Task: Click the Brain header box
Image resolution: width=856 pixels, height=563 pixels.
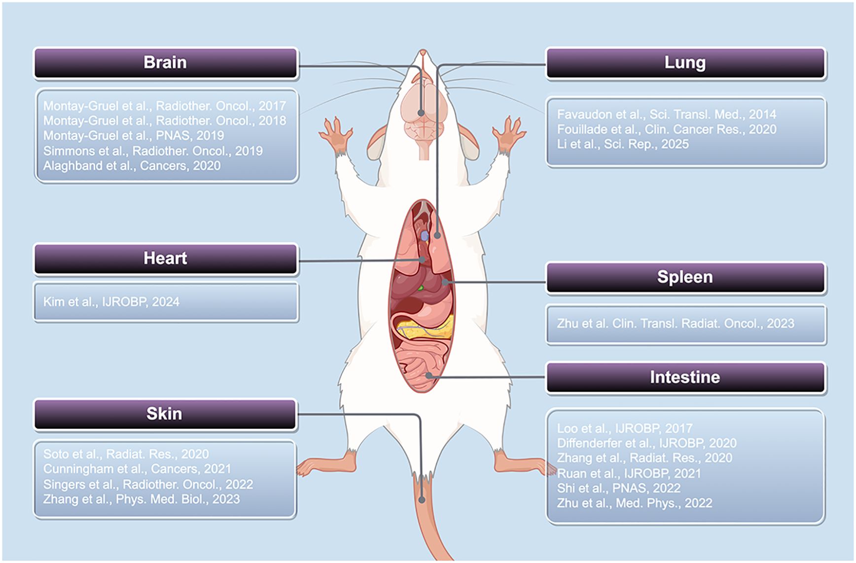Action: [165, 63]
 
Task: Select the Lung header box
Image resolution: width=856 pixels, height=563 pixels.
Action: [685, 63]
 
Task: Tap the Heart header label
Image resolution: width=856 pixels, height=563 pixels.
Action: [165, 258]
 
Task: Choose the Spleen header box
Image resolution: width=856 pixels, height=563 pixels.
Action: [685, 277]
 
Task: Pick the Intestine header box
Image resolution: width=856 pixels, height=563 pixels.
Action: [685, 377]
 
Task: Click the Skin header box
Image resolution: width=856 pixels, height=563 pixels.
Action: [164, 413]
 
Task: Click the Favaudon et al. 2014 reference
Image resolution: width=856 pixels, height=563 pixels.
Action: [666, 114]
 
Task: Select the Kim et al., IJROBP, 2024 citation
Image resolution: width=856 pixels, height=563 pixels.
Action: [111, 302]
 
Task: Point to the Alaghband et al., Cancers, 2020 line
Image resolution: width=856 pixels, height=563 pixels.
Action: [132, 166]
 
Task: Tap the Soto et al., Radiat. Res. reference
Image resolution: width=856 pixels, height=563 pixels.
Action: [126, 454]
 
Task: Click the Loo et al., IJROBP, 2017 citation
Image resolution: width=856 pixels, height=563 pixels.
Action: [624, 428]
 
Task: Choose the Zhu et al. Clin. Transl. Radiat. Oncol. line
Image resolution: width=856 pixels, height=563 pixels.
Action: [676, 324]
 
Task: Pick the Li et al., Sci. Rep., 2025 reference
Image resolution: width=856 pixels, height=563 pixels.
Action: [623, 144]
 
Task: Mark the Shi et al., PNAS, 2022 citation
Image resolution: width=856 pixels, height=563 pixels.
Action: [618, 488]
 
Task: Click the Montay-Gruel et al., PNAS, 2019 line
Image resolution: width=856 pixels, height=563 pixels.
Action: [133, 136]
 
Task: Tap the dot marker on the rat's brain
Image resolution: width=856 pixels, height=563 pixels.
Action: [421, 113]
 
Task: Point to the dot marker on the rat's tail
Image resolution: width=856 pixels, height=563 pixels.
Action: [422, 500]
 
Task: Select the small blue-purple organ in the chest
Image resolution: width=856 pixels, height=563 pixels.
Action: [425, 236]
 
